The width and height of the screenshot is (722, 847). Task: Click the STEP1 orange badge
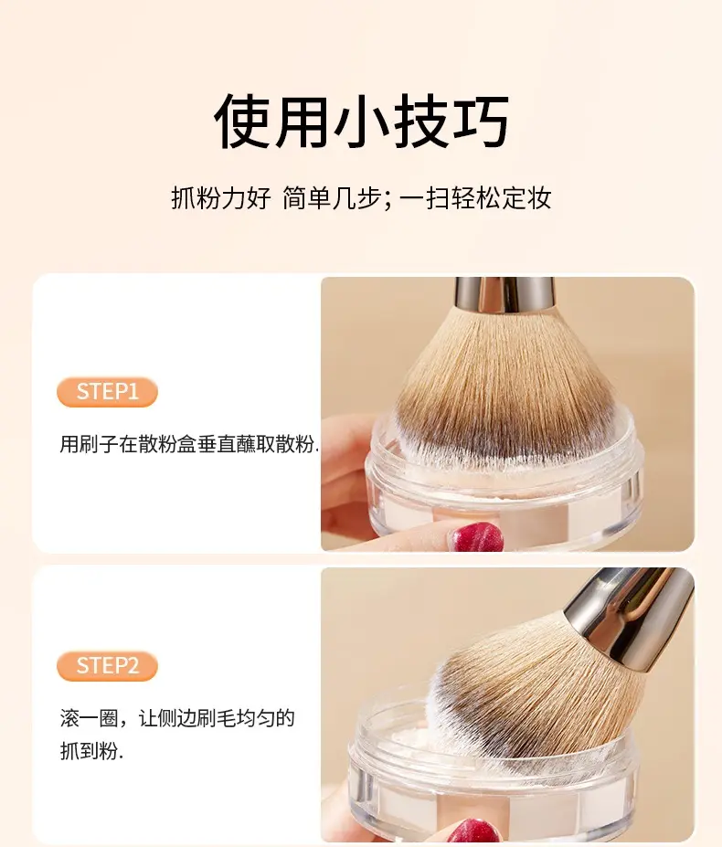[107, 392]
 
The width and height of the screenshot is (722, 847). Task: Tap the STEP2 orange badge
[107, 665]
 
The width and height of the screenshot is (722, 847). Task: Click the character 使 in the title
[243, 121]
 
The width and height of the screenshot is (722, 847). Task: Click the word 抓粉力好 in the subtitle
[220, 197]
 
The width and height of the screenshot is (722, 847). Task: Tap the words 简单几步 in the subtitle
[333, 197]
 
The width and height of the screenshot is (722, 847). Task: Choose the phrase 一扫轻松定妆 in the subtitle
[475, 197]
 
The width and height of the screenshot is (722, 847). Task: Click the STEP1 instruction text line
[189, 444]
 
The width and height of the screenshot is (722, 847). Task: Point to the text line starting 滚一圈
[177, 718]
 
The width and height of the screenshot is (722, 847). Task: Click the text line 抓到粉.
[91, 751]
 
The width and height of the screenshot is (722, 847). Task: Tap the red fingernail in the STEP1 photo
[477, 536]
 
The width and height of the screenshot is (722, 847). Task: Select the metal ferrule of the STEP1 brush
[504, 295]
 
